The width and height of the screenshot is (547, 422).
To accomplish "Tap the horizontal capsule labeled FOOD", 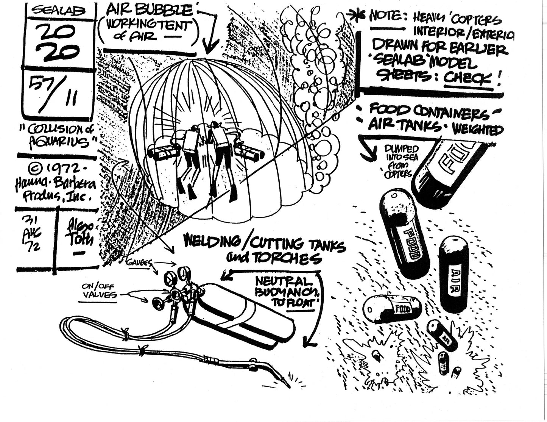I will [391, 309].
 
